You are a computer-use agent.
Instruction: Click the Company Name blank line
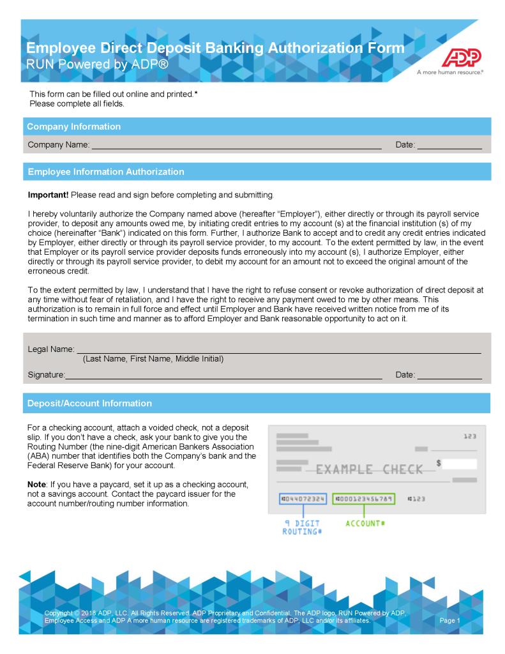tap(236, 146)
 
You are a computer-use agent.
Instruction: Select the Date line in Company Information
tap(449, 146)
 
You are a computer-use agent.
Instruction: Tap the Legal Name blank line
tap(279, 351)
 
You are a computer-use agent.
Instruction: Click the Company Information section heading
tap(74, 126)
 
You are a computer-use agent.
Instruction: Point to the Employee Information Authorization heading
tap(106, 172)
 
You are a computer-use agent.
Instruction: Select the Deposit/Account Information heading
tap(89, 403)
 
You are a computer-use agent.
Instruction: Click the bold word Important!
tap(48, 194)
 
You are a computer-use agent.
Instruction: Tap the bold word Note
tap(37, 484)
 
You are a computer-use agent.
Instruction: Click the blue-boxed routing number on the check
tap(303, 498)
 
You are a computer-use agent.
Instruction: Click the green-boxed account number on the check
tap(364, 498)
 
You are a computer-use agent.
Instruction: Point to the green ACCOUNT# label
tap(366, 524)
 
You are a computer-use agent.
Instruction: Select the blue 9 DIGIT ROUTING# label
tap(303, 528)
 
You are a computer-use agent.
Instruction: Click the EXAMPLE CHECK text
tap(370, 469)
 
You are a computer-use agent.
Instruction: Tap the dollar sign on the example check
tap(439, 462)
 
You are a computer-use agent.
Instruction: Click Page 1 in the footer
tap(450, 620)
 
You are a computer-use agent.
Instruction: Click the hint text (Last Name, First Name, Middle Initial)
tap(153, 359)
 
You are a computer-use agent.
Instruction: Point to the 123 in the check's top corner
tap(470, 436)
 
